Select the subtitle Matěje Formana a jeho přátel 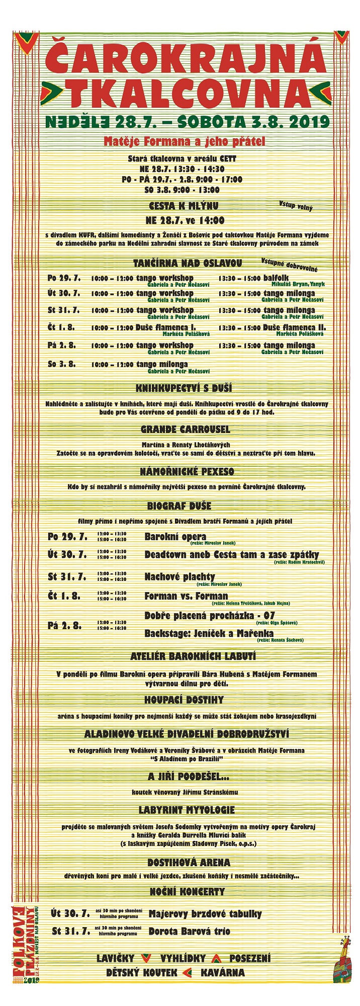(184, 141)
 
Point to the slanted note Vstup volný (296, 206)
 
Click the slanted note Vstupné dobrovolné (289, 265)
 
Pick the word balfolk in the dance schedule (276, 278)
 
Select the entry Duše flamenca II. (295, 327)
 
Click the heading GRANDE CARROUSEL (185, 430)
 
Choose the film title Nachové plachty (179, 576)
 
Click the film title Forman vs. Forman (186, 596)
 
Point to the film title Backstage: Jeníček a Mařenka (209, 633)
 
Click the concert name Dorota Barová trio (189, 931)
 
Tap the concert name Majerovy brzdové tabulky (205, 913)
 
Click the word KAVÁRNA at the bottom (223, 972)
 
